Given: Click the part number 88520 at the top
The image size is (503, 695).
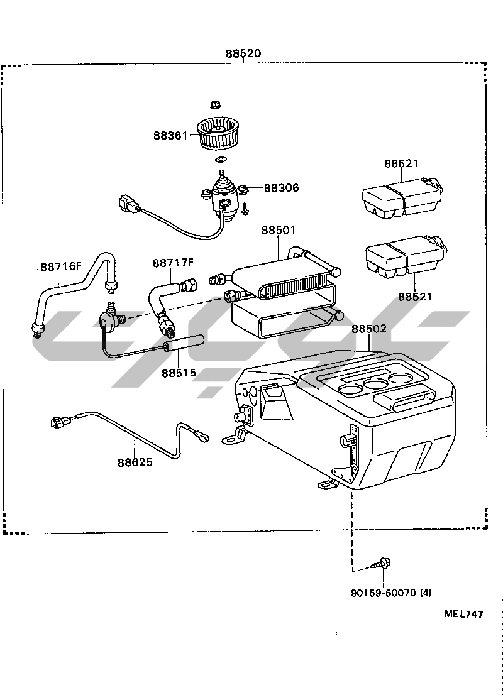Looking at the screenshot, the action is [243, 53].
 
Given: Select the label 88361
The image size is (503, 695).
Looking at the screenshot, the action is [170, 135].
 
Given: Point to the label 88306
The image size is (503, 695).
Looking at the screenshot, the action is [281, 187].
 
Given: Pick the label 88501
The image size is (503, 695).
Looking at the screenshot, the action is [278, 230].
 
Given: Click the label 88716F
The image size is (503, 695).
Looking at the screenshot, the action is [61, 266].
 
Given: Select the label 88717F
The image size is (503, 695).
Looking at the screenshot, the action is [174, 263].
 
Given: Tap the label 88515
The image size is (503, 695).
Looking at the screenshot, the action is [179, 373].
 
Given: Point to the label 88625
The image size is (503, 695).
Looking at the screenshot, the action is [135, 462].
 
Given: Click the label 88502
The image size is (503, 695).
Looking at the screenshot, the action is [369, 329].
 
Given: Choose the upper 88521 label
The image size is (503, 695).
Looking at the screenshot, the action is [401, 163].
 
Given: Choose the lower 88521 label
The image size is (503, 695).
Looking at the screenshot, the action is [415, 297].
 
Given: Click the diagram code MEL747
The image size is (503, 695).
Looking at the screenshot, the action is [463, 614].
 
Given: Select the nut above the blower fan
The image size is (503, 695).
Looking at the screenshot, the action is [214, 104].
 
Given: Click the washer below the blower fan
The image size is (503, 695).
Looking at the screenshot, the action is [220, 159].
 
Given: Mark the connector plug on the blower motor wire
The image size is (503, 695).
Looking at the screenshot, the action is [127, 202].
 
